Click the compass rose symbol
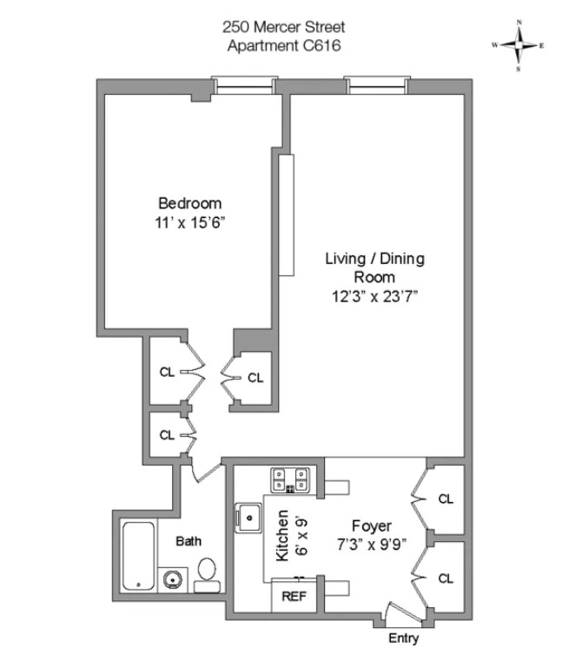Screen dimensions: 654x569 [x=518, y=43]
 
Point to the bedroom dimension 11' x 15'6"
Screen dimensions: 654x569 [x=189, y=222]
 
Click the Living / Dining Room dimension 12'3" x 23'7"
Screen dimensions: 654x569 [x=375, y=294]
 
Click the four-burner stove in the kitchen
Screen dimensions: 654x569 [x=290, y=480]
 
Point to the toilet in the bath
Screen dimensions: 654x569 [x=208, y=575]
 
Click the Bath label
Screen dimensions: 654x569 [x=189, y=541]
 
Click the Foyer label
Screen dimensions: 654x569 [x=371, y=525]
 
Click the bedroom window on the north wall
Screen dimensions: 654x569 [x=240, y=84]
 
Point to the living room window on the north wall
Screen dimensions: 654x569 [x=375, y=84]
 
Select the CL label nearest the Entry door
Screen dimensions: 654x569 [x=446, y=578]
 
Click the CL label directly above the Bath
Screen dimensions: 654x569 [x=165, y=435]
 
